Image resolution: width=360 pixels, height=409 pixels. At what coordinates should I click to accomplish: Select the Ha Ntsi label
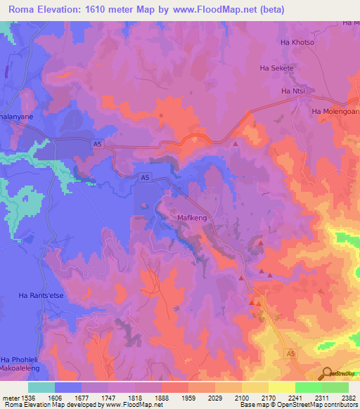(292, 91)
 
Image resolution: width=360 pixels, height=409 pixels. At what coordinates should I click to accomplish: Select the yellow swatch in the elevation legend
(282, 387)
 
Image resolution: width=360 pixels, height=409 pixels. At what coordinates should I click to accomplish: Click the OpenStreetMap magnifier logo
(328, 375)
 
